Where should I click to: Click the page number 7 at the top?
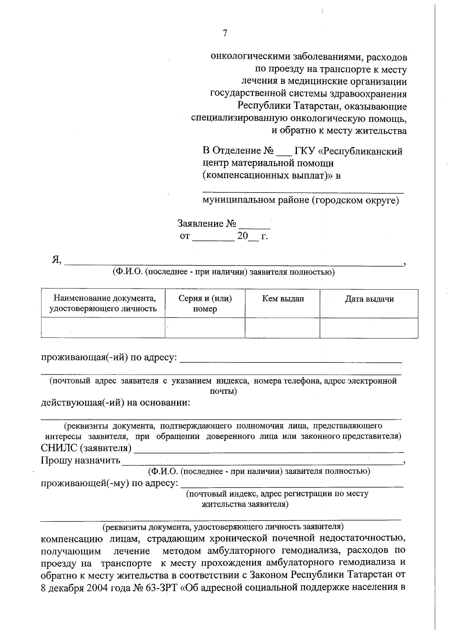point(225,33)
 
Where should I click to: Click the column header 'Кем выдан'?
point(283,299)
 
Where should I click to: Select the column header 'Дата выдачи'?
point(369,299)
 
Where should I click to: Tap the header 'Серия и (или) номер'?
point(205,304)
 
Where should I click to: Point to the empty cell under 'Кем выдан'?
point(283,328)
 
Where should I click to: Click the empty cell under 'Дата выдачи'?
point(369,328)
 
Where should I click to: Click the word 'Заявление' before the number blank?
point(200,224)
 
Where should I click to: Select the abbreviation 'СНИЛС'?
point(60,448)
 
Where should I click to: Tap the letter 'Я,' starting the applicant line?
point(57,260)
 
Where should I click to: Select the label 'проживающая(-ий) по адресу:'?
point(109,357)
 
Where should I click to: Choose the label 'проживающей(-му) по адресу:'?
point(109,483)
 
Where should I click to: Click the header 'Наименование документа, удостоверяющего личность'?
point(103,304)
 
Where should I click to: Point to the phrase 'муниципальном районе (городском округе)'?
point(300,200)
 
